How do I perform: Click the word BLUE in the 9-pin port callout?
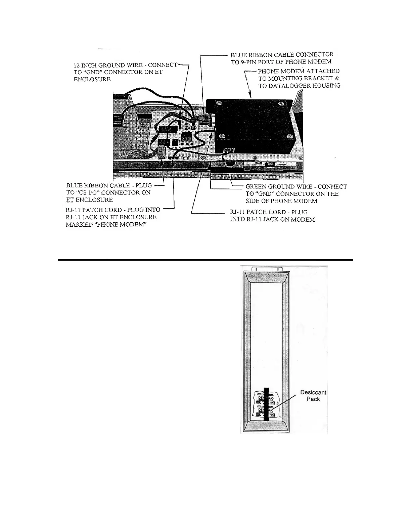[238, 55]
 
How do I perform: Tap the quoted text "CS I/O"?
[88, 193]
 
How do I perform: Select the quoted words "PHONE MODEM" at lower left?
[117, 225]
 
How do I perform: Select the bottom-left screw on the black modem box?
[222, 136]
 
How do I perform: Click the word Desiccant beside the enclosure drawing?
[313, 392]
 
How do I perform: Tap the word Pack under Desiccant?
[313, 399]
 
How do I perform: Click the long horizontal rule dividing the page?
[205, 260]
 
